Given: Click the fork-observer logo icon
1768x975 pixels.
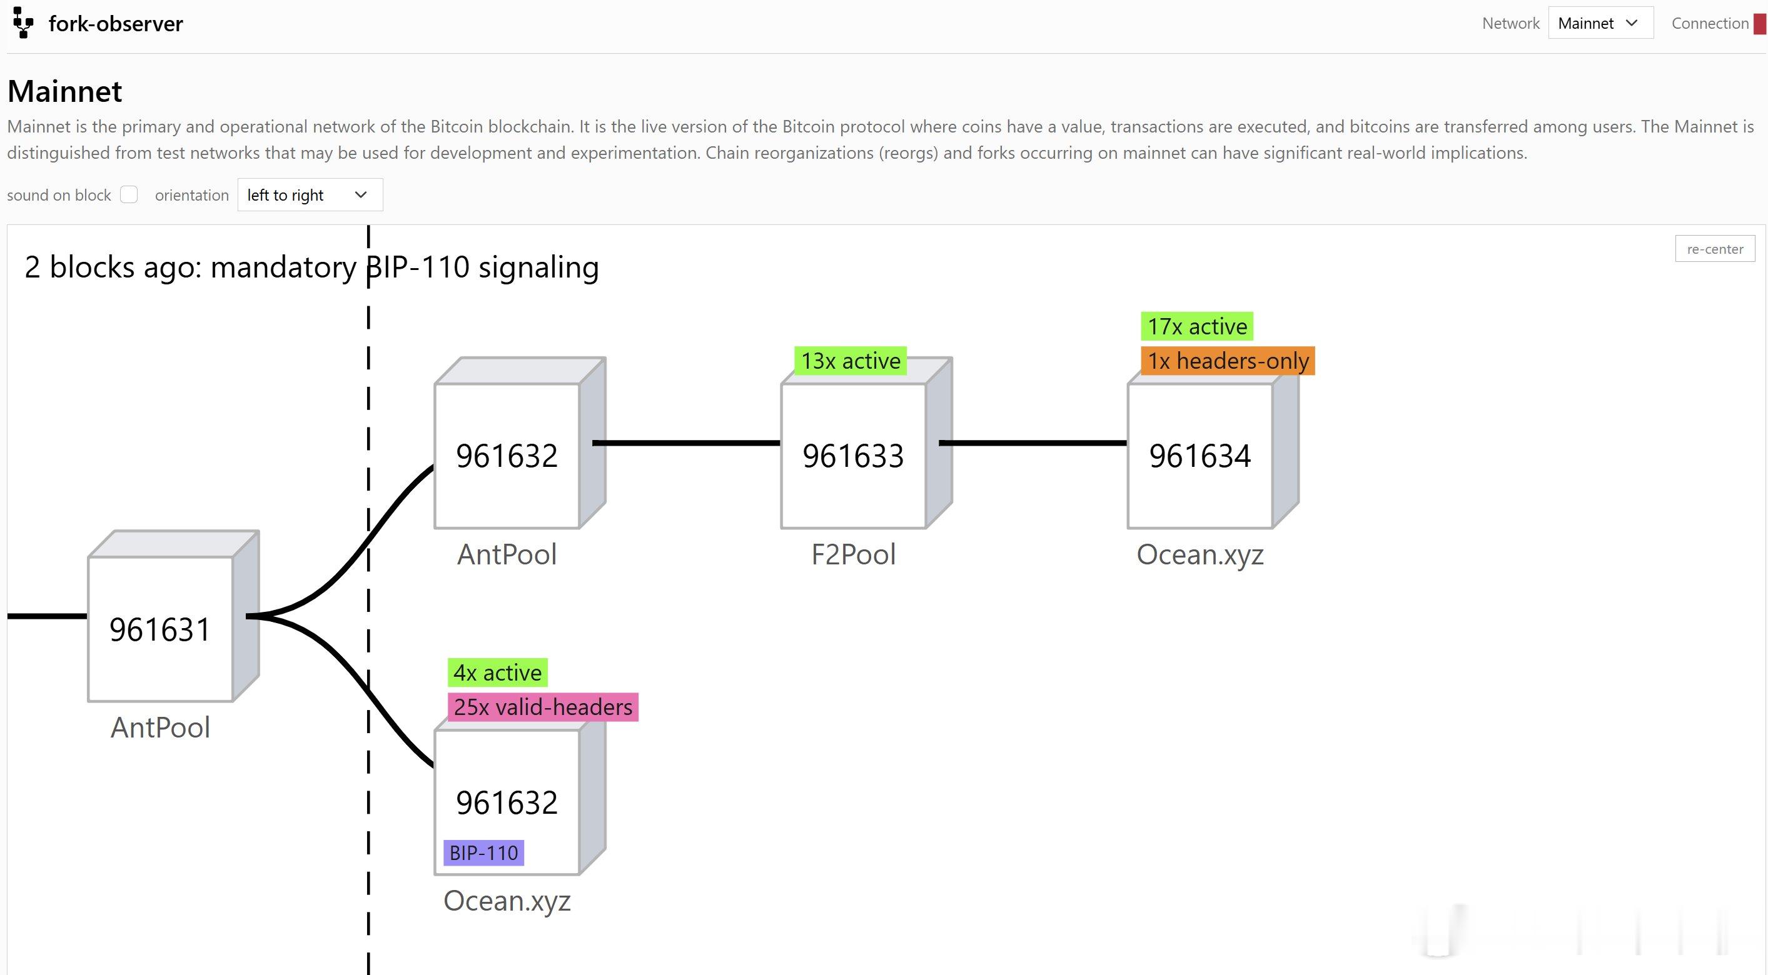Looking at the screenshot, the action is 23,22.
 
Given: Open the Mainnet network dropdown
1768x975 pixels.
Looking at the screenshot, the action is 1600,23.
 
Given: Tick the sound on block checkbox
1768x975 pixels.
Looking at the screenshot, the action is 129,195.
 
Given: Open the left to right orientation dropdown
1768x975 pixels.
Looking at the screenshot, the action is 310,195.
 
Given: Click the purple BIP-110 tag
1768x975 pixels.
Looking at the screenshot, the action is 484,853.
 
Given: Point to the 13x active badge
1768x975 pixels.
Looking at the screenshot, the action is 851,361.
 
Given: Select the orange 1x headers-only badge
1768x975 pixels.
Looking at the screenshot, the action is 1228,361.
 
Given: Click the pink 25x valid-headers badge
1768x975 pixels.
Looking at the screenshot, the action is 543,707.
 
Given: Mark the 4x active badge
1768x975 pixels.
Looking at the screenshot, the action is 498,672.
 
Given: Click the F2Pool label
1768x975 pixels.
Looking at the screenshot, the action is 853,554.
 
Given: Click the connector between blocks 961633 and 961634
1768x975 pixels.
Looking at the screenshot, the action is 1033,443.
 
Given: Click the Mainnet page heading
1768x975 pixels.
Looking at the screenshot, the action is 64,91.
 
